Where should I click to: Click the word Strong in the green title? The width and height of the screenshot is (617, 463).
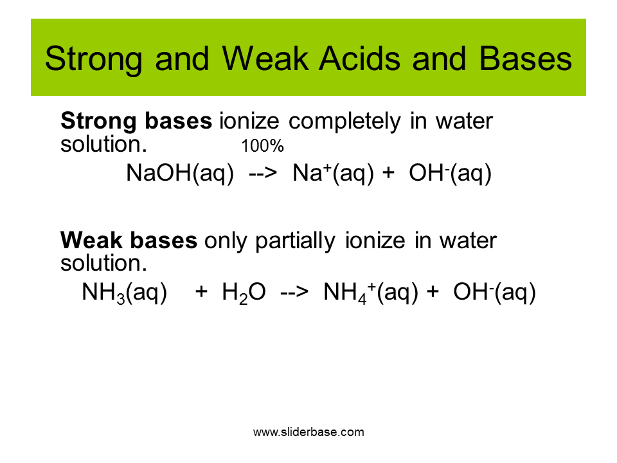(93, 60)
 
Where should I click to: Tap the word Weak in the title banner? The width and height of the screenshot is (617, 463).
(265, 59)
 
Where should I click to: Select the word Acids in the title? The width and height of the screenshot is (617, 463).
(359, 59)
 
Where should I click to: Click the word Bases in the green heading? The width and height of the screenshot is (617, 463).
(526, 59)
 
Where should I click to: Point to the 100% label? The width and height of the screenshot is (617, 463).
(262, 146)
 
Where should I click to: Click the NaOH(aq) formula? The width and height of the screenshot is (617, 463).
(180, 173)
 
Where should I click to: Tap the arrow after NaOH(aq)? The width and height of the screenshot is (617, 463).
(263, 173)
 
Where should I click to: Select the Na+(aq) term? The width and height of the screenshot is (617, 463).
(334, 173)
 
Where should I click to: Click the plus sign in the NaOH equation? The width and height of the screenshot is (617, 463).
(388, 173)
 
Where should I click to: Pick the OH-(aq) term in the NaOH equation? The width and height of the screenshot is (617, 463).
(451, 173)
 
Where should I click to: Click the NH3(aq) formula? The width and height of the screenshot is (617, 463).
(124, 293)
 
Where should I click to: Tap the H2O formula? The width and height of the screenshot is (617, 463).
(244, 293)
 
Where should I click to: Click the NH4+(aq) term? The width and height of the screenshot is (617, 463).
(371, 293)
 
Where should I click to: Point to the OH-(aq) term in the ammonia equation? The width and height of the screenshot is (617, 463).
(495, 293)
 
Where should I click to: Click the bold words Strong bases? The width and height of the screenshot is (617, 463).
(136, 121)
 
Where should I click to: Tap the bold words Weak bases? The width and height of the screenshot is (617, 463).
(129, 240)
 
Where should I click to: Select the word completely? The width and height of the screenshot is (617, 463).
(344, 122)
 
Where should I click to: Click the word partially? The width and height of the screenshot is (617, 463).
(296, 241)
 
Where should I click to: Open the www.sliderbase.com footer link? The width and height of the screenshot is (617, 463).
(308, 432)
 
